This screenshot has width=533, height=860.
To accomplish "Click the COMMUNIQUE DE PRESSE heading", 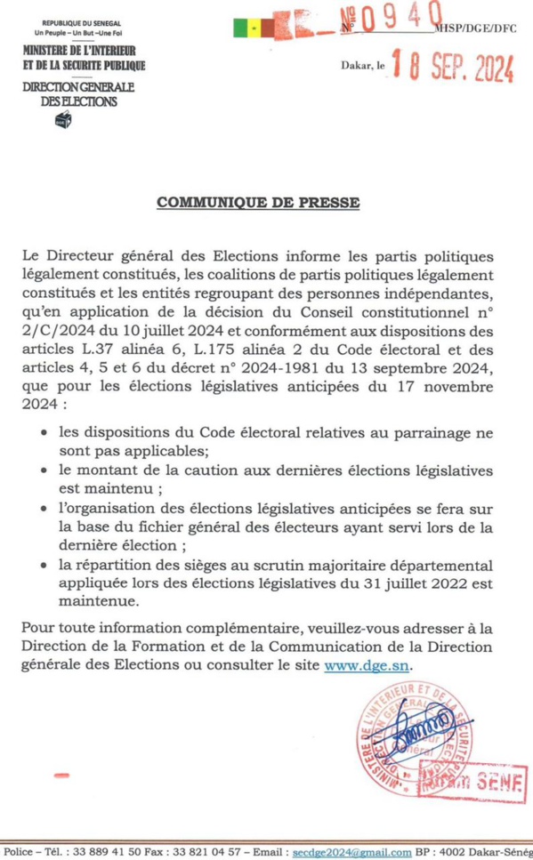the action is (258, 203).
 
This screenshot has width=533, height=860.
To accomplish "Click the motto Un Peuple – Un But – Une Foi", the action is (78, 33).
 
